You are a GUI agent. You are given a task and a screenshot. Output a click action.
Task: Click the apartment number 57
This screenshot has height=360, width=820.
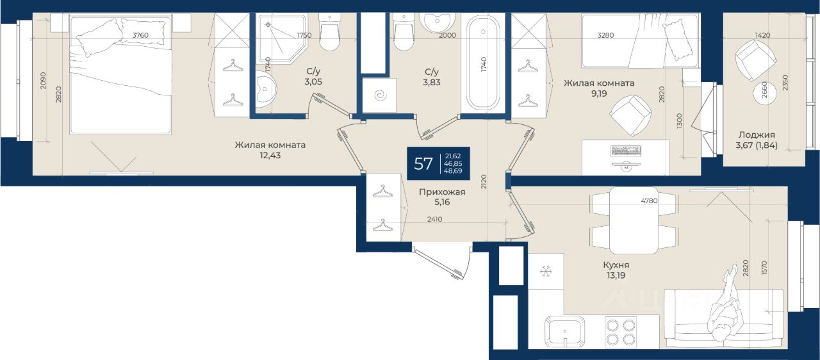pyautogui.click(x=423, y=163)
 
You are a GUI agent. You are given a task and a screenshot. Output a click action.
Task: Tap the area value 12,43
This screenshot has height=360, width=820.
pyautogui.click(x=270, y=156)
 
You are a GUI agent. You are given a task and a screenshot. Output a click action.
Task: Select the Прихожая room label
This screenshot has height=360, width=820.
pyautogui.click(x=442, y=192)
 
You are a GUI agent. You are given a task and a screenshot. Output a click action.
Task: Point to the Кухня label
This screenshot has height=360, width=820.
pyautogui.click(x=616, y=265)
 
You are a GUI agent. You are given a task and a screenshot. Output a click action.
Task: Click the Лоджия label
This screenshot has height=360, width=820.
pyautogui.click(x=757, y=135)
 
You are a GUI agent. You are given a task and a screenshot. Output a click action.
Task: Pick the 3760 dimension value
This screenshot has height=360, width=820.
pyautogui.click(x=140, y=35)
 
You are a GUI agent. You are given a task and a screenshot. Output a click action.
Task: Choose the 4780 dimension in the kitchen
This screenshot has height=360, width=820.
pyautogui.click(x=649, y=200)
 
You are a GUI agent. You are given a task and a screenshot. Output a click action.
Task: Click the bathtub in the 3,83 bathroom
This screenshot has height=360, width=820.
pyautogui.click(x=484, y=62)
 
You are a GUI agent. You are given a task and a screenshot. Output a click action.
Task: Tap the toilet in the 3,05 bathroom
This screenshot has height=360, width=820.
pyautogui.click(x=329, y=32)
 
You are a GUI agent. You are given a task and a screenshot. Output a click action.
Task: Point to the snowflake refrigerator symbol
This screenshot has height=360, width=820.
pyautogui.click(x=546, y=272)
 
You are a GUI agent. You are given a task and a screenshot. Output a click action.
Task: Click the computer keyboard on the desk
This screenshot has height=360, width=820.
pyautogui.click(x=627, y=151)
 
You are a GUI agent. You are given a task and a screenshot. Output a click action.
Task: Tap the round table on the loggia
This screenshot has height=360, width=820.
pyautogui.click(x=765, y=93)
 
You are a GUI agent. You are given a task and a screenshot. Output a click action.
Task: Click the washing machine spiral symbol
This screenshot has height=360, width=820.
pyautogui.click(x=381, y=95)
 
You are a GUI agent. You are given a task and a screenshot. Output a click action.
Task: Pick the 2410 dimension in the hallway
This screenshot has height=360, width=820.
pyautogui.click(x=434, y=219)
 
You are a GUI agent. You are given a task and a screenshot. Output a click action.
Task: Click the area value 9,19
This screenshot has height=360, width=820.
pyautogui.click(x=599, y=94)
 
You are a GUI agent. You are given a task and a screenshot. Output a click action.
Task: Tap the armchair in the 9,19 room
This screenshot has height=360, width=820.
pyautogui.click(x=630, y=115)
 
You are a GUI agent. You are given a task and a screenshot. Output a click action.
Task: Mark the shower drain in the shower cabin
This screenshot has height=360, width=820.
pyautogui.click(x=268, y=24)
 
